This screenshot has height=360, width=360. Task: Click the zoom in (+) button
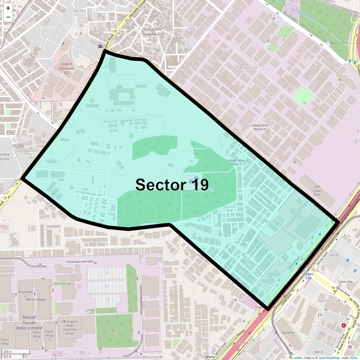(8, 8)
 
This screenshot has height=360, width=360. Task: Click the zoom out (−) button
(8, 17)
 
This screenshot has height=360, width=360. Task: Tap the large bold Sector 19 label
(172, 184)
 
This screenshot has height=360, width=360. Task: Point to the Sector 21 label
(82, 10)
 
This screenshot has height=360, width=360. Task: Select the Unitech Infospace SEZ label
(66, 68)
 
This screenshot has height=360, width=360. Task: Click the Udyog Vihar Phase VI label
(260, 127)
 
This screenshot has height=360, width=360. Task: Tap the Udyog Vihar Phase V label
(236, 162)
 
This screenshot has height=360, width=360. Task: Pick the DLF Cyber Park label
(317, 190)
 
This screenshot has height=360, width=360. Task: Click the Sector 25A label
(329, 301)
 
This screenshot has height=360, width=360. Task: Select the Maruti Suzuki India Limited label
(29, 322)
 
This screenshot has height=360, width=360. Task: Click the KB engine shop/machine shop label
(70, 327)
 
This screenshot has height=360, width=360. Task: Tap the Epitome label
(288, 333)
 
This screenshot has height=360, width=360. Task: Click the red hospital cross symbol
(343, 325)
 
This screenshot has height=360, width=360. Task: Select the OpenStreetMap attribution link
(329, 358)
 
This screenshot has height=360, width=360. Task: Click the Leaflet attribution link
(297, 358)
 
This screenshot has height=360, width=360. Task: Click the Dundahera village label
(153, 29)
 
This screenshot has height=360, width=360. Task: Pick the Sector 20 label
(247, 67)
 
